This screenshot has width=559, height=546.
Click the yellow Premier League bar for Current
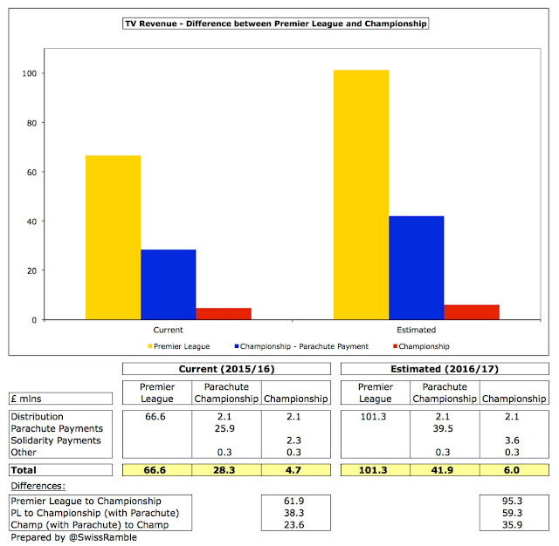(113, 237)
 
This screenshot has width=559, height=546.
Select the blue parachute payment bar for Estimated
(417, 268)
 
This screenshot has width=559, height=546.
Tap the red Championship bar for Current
(224, 314)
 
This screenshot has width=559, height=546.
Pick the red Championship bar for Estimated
(472, 312)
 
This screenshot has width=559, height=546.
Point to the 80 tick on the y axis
(31, 123)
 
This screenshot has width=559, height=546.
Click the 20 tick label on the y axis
(31, 271)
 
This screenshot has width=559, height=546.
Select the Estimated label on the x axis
(417, 330)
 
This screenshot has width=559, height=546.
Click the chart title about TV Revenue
(276, 24)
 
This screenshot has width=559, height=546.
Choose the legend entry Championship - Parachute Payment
(301, 346)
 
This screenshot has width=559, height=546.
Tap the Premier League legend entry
(179, 346)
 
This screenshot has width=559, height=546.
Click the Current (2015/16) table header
(226, 369)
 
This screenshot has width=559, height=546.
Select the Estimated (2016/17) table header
(445, 369)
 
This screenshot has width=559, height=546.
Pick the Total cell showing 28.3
(224, 470)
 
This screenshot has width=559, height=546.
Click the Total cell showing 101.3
(373, 470)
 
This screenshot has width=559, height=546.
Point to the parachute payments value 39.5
(443, 428)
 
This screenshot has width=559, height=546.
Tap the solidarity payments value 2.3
(293, 440)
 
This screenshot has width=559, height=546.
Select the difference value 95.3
(512, 501)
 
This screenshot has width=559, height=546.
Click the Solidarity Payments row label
(56, 440)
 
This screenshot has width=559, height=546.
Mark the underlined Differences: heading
(38, 486)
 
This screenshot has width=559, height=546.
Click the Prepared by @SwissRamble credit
(73, 537)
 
